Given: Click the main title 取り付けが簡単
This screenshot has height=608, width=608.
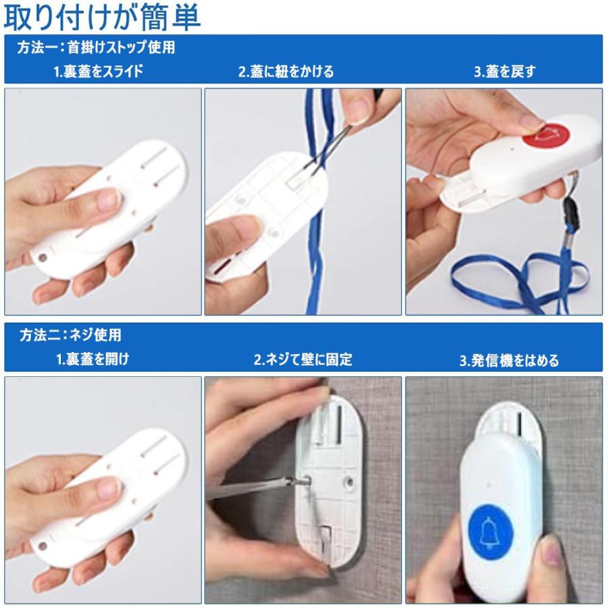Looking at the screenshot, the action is (x=101, y=18).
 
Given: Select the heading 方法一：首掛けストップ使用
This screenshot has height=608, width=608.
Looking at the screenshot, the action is (x=96, y=47).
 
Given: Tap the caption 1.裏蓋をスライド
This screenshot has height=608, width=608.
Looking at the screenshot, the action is (x=99, y=72).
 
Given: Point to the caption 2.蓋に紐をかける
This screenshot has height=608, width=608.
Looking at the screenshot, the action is (x=286, y=72).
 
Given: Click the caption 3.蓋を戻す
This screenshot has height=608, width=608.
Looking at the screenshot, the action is (x=505, y=72).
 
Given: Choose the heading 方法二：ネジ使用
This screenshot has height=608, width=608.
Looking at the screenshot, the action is (x=70, y=335).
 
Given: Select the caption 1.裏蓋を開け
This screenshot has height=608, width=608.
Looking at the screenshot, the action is (x=93, y=359).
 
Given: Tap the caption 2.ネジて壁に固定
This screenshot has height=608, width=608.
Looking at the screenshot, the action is (x=303, y=359).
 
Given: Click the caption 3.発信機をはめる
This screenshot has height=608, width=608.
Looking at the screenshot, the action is (x=509, y=360).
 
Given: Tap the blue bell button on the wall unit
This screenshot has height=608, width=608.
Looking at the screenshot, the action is (x=490, y=527).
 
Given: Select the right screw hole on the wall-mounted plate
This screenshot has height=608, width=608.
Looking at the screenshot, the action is (x=349, y=482).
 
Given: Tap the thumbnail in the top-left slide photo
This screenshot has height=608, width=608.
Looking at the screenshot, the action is (x=107, y=201).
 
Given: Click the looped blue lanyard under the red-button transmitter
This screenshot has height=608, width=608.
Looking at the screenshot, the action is (x=520, y=278).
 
